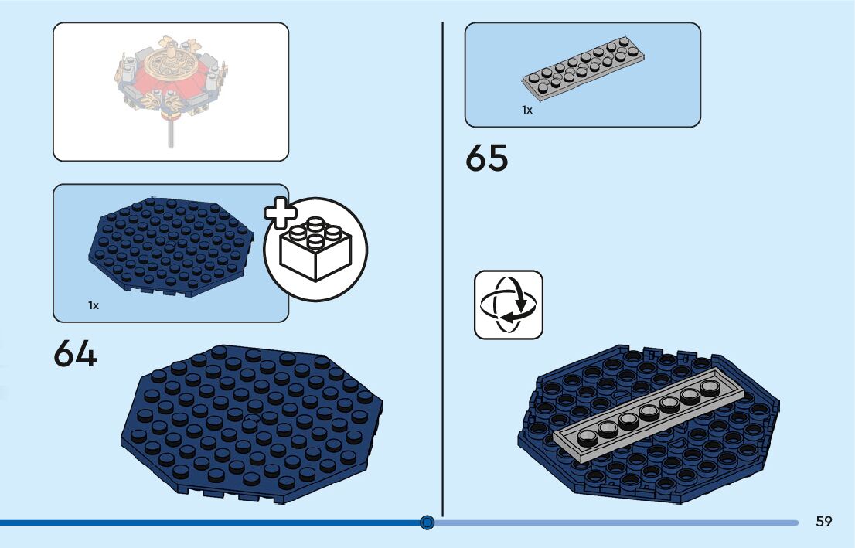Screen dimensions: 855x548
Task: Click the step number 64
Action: pyautogui.click(x=75, y=355)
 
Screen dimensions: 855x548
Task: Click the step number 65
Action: pyautogui.click(x=487, y=158)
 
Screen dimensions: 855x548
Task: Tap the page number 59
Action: pyautogui.click(x=824, y=522)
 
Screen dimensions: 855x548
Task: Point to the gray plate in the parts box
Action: pyautogui.click(x=583, y=68)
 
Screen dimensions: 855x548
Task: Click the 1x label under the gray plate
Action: pyautogui.click(x=526, y=111)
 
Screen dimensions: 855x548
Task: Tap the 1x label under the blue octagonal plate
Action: pyautogui.click(x=94, y=305)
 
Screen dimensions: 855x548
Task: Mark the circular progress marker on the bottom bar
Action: pyautogui.click(x=427, y=523)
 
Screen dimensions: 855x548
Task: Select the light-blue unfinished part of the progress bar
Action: pyautogui.click(x=618, y=523)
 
